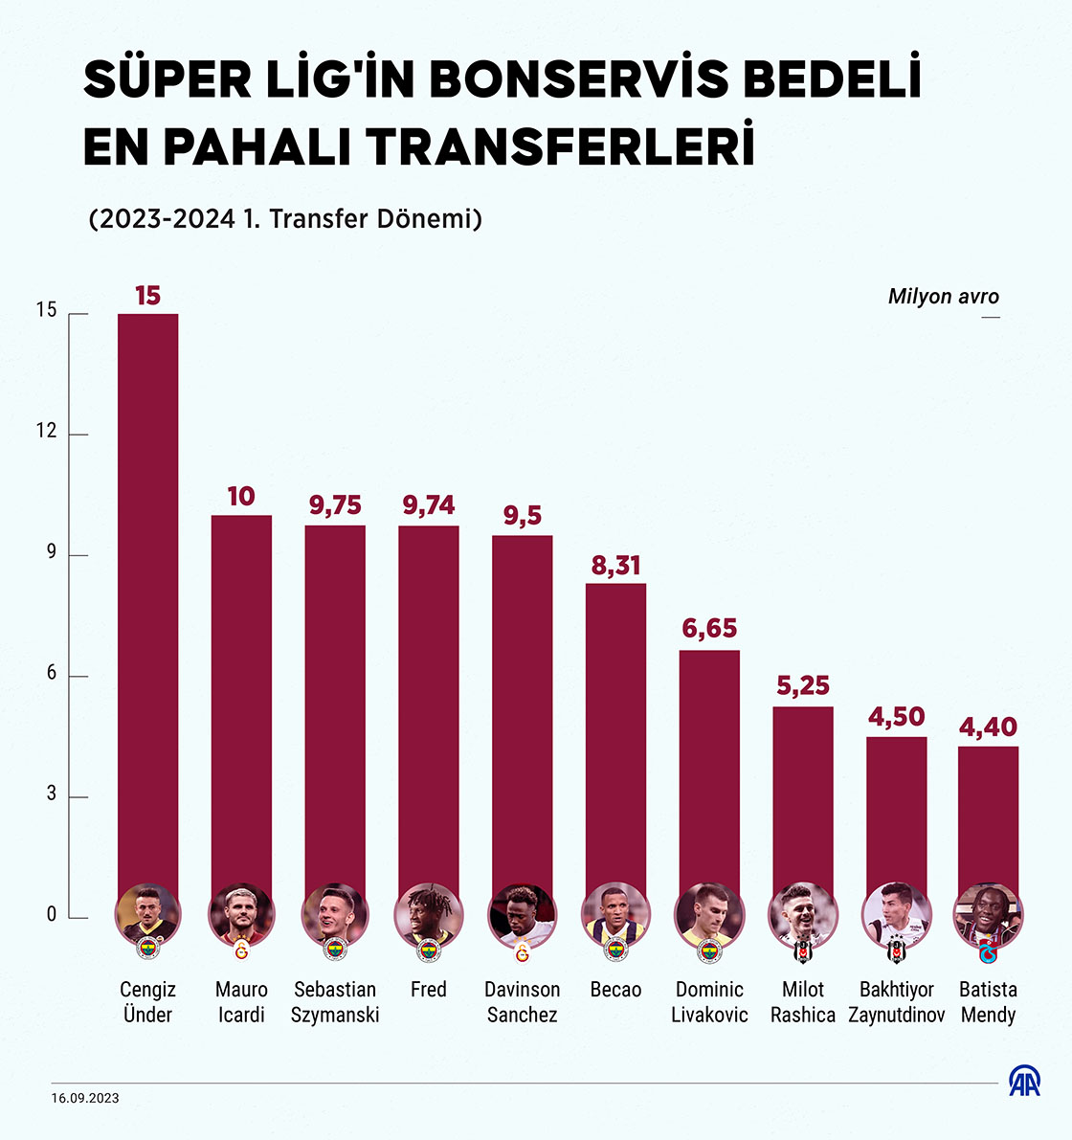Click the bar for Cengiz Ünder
tap(147, 593)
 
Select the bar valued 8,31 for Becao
tap(615, 727)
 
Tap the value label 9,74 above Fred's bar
tap(429, 505)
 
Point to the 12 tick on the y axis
tap(47, 433)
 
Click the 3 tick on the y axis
tap(51, 795)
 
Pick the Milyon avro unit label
tap(943, 296)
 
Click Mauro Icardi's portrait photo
tap(241, 915)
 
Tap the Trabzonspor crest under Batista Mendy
tap(988, 950)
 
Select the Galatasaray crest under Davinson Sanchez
tap(522, 950)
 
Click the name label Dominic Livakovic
tap(709, 1002)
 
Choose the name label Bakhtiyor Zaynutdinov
tap(897, 1002)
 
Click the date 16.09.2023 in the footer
tap(85, 1098)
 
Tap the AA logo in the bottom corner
tap(1024, 1081)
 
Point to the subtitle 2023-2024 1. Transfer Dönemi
tap(285, 218)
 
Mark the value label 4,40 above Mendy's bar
tap(988, 727)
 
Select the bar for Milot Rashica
tap(803, 794)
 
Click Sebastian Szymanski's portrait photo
tap(335, 915)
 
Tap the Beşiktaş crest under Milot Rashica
tap(803, 950)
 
